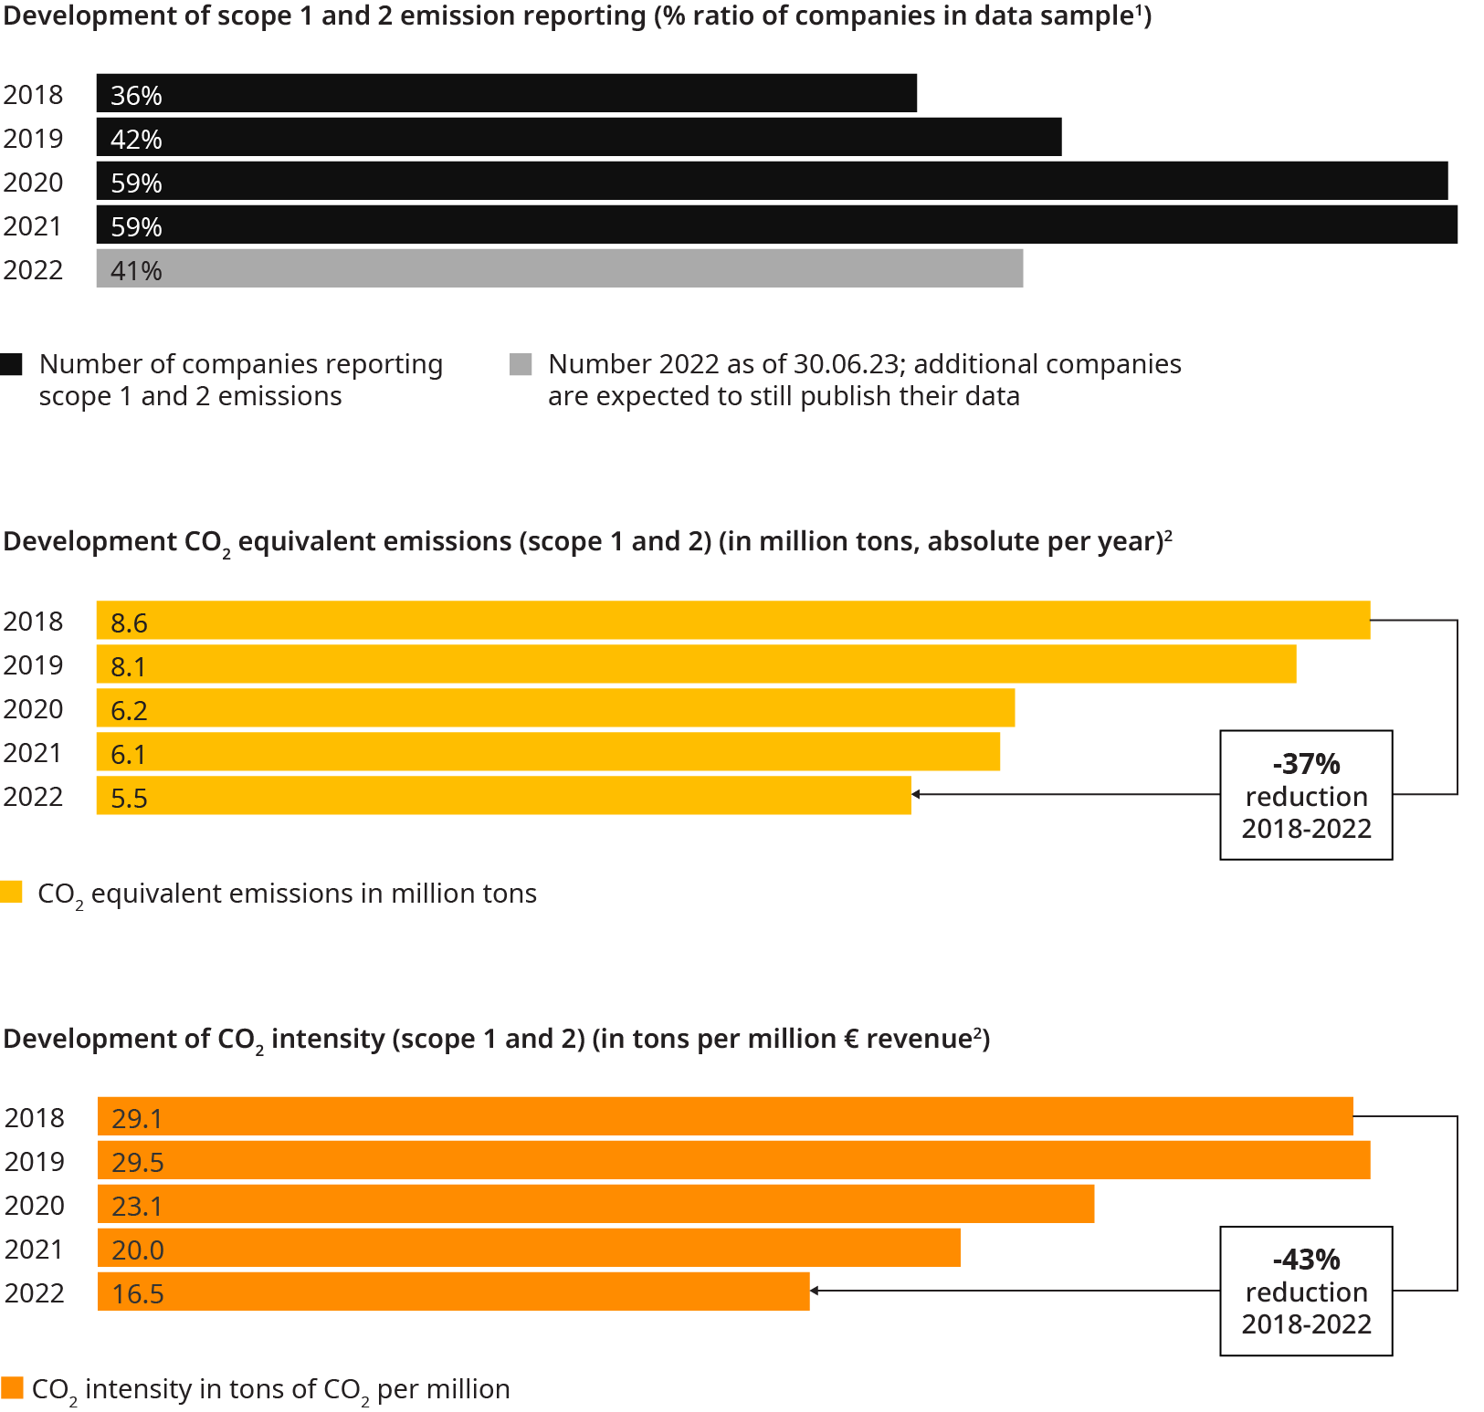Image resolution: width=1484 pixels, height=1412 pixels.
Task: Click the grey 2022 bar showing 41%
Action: [x=559, y=268]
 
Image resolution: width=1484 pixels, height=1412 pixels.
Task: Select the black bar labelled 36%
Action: [x=506, y=93]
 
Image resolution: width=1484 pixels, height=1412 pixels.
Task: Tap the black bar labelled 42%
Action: [x=578, y=137]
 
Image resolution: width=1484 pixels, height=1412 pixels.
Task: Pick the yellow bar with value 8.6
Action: [x=732, y=621]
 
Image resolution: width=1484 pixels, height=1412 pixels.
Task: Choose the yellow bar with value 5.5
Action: [x=503, y=796]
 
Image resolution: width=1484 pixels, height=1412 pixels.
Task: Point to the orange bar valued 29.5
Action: [x=733, y=1160]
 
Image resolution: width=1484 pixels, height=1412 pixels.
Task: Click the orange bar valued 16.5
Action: [x=453, y=1292]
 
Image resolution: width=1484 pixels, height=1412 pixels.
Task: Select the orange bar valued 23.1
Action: [x=595, y=1204]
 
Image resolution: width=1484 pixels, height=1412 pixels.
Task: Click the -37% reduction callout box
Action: [x=1306, y=795]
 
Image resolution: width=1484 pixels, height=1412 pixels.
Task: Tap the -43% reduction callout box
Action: [x=1306, y=1291]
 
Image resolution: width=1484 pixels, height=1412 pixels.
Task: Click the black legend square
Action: [x=12, y=365]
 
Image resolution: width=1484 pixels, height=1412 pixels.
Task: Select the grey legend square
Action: [x=521, y=365]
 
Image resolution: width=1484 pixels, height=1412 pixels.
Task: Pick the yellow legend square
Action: [x=12, y=892]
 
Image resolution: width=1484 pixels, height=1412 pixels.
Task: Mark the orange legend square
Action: [x=12, y=1387]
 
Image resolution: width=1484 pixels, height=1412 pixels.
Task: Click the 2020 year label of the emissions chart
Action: [x=34, y=709]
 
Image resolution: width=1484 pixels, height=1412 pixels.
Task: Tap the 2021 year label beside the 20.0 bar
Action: [x=34, y=1249]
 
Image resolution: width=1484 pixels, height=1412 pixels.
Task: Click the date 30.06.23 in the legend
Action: [x=846, y=364]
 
